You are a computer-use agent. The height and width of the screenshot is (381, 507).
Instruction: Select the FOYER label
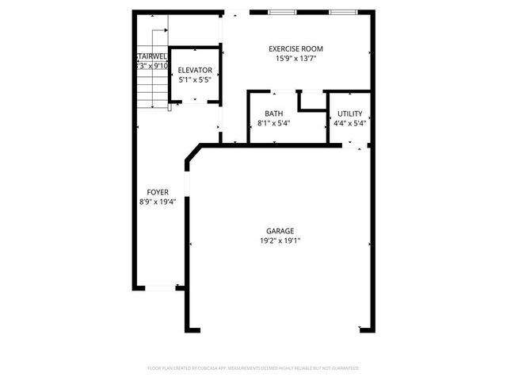(x=157, y=193)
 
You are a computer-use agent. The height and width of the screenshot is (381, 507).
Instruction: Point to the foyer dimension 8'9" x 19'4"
(x=157, y=202)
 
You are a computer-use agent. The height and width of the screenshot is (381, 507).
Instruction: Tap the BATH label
(x=274, y=114)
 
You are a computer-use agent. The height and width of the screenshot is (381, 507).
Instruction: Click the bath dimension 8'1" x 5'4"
(x=274, y=123)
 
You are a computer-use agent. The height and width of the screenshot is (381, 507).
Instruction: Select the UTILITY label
(x=349, y=114)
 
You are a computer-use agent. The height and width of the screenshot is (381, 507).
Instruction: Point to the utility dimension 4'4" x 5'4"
(x=349, y=123)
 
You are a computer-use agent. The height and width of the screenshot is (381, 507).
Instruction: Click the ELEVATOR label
(x=195, y=70)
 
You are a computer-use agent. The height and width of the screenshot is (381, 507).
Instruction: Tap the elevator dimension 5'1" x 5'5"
(x=195, y=79)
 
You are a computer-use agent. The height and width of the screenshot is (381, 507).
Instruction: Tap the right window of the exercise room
(x=341, y=13)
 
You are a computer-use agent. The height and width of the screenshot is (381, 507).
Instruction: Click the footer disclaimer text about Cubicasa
(x=253, y=368)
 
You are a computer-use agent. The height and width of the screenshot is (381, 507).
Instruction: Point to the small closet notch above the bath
(x=311, y=101)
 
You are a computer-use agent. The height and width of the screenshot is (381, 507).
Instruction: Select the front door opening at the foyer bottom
(x=160, y=287)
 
